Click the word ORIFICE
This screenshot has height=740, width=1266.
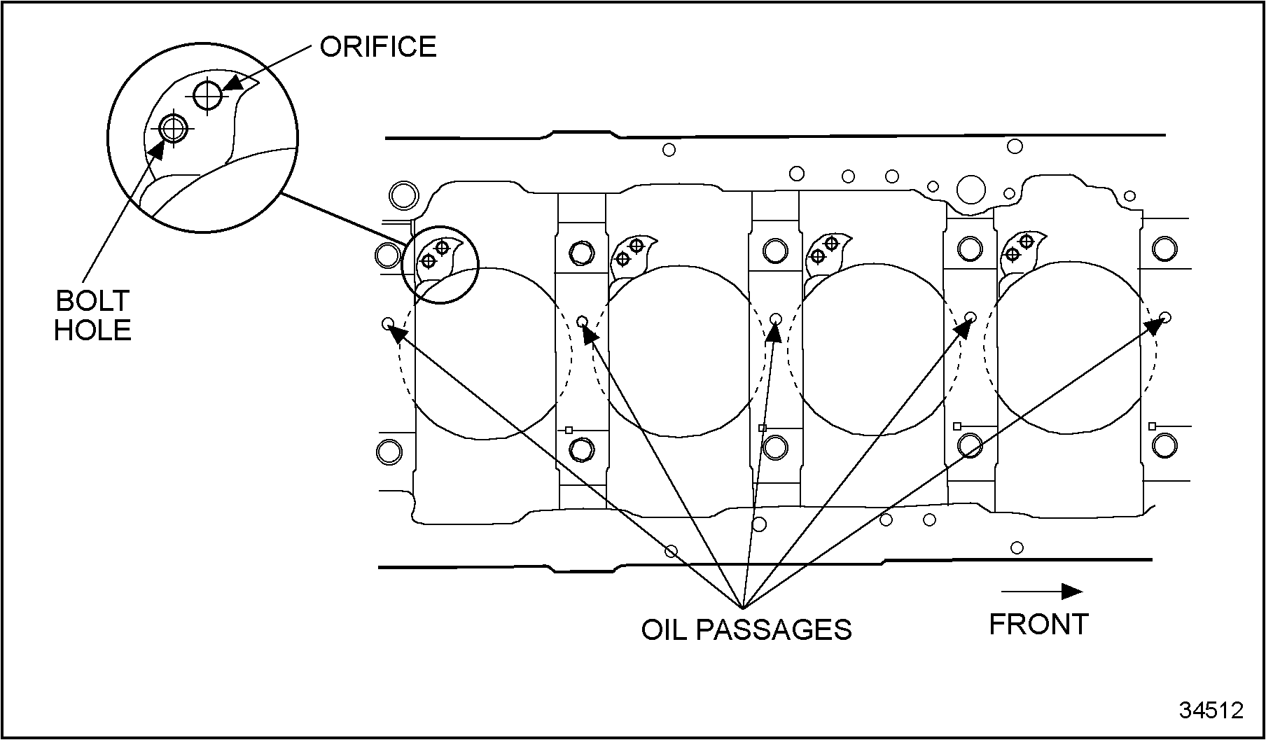coord(378,46)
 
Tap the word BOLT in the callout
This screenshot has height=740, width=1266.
coord(93,300)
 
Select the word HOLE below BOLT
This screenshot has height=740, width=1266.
coord(93,330)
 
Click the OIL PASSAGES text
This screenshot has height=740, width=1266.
coord(746,629)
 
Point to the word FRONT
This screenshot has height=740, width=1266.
coord(1038,624)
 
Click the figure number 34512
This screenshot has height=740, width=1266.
coord(1211,710)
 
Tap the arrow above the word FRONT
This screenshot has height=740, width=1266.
coord(1042,592)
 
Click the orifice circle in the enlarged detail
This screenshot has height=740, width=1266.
coord(208,95)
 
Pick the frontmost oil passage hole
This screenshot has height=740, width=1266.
coord(1165,317)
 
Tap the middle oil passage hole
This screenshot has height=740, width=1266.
coord(776,319)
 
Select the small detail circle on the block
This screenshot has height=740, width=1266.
coord(440,265)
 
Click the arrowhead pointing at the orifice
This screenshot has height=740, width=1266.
coord(233,82)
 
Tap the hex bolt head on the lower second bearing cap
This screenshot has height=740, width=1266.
coord(581,449)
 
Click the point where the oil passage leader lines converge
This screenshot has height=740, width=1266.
coord(743,606)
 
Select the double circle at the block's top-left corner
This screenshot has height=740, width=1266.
coord(403,195)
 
